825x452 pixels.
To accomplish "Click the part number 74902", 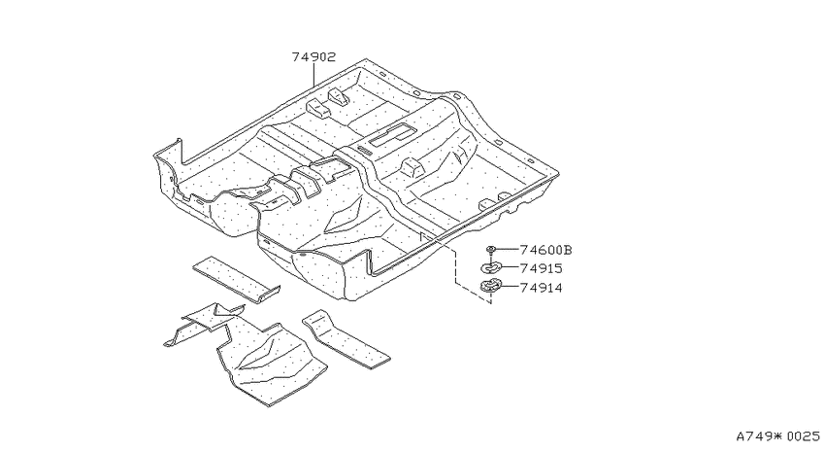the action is pyautogui.click(x=313, y=57).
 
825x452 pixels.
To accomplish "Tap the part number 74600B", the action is pyautogui.click(x=545, y=250).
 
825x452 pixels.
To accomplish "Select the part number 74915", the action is pyautogui.click(x=541, y=268).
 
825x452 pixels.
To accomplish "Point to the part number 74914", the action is pyautogui.click(x=541, y=288).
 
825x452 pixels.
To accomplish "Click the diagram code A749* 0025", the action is pyautogui.click(x=777, y=436).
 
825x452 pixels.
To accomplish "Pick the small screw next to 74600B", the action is pyautogui.click(x=491, y=250).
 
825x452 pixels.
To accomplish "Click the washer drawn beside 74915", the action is pyautogui.click(x=491, y=268).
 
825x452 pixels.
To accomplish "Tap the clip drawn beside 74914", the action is pyautogui.click(x=490, y=287).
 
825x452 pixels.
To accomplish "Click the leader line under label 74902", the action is pyautogui.click(x=313, y=75).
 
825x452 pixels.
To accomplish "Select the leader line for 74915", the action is pyautogui.click(x=511, y=268).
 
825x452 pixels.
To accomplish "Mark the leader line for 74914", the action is pyautogui.click(x=510, y=288).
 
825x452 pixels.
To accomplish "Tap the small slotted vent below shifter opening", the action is pyautogui.click(x=364, y=150).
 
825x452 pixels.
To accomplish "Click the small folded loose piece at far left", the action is pyautogui.click(x=204, y=324).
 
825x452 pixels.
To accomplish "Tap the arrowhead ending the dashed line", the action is pyautogui.click(x=490, y=301).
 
